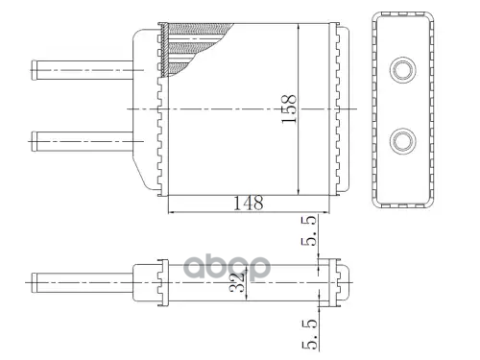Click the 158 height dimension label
point(289,108)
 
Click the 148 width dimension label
point(249,203)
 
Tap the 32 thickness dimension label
point(237,282)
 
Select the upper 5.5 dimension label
point(309,230)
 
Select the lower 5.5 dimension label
point(310,334)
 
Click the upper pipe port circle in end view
point(403,70)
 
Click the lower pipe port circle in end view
point(403,141)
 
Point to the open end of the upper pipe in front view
point(34,70)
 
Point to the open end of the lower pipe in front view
point(34,141)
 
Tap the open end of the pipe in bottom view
point(35,282)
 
